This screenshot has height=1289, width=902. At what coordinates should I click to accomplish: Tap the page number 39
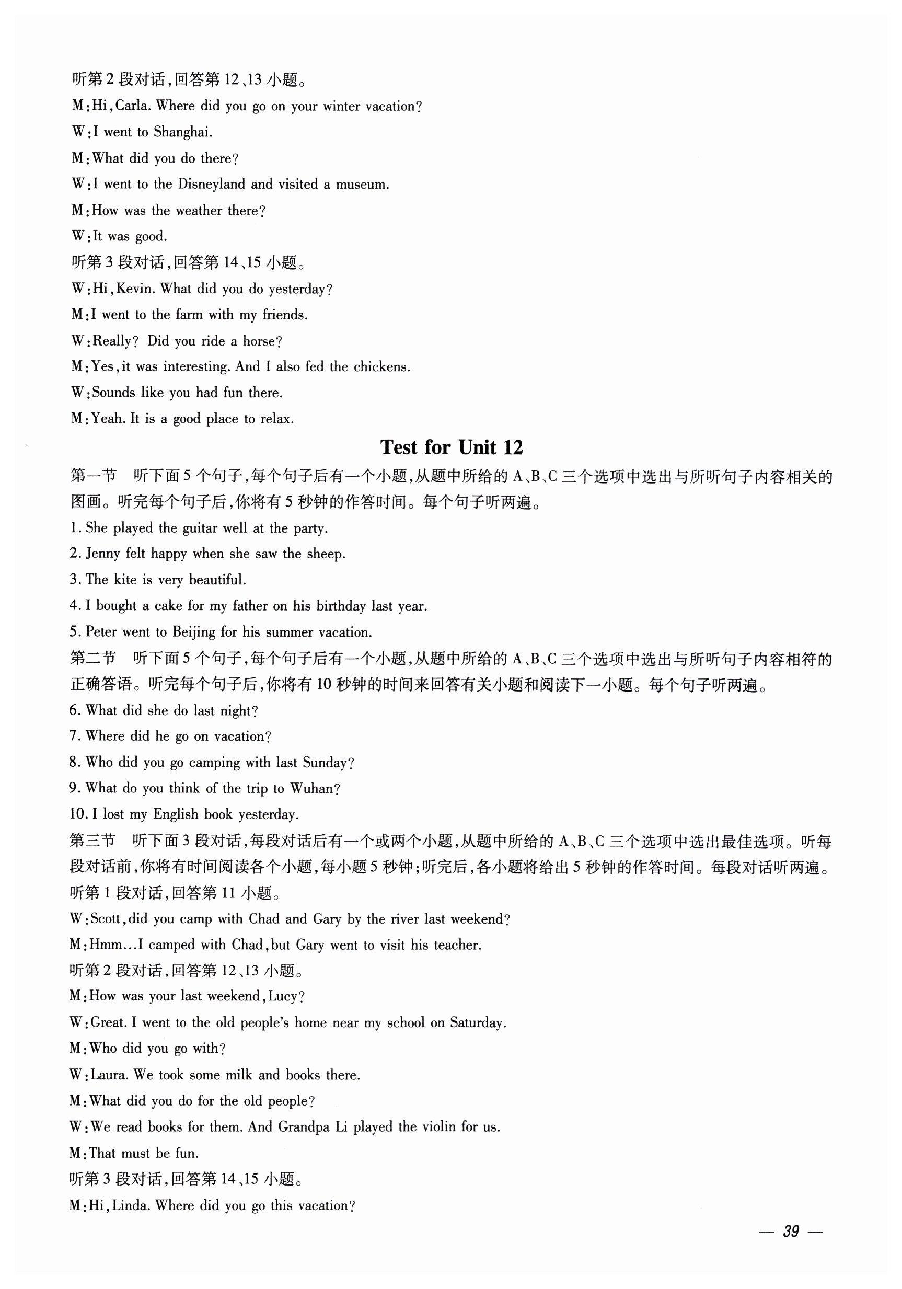click(x=790, y=1231)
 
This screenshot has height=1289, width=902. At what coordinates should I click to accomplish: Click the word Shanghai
click(x=182, y=132)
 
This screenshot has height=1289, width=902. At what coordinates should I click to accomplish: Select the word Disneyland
click(x=212, y=184)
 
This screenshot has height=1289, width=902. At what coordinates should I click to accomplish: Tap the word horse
click(x=262, y=341)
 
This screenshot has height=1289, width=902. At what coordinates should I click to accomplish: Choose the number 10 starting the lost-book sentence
click(x=77, y=814)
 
